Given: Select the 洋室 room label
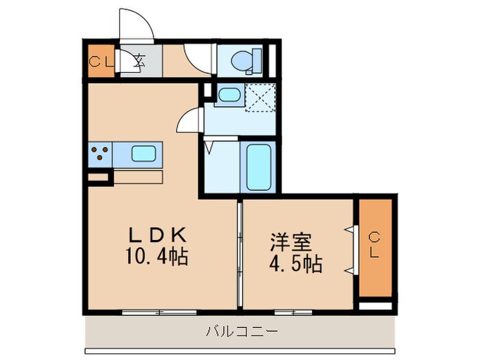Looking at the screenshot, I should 291,243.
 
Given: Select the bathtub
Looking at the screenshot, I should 259,167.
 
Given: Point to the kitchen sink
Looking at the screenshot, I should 145,154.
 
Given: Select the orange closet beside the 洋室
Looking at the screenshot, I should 374,248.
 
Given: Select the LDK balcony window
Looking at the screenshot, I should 158,313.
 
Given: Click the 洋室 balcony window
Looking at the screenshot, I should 295,313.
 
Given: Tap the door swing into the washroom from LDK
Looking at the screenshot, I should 189,121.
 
